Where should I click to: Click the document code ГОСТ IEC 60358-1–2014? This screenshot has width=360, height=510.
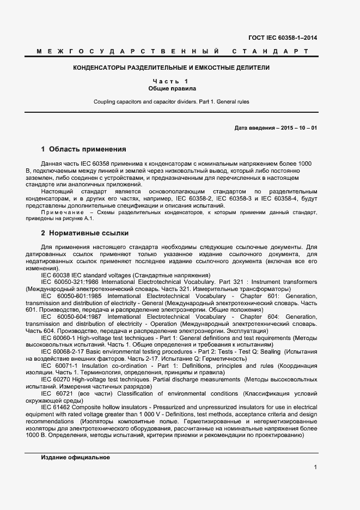pos(283,38)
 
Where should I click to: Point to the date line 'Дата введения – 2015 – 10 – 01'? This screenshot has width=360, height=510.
pos(276,127)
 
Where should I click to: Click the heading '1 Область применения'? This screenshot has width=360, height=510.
pos(83,149)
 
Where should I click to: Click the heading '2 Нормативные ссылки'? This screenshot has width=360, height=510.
pos(85,233)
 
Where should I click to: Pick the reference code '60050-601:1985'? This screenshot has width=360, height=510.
pos(79,295)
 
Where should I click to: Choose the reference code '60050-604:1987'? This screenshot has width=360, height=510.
pos(79,317)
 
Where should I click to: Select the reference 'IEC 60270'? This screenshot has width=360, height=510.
pos(56,379)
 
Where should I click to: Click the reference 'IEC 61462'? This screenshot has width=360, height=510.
pos(56,407)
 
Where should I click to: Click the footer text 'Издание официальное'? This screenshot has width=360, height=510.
pos(75,458)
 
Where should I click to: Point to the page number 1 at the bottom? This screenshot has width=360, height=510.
pos(315,467)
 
